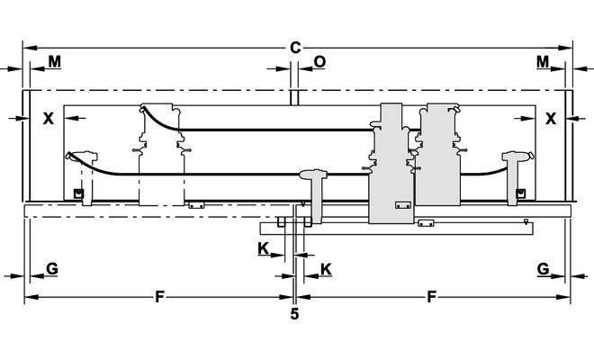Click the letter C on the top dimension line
point(295,47)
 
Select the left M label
point(54,61)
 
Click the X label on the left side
point(48,118)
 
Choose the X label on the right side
point(551,118)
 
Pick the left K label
point(263,247)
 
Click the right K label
point(325,268)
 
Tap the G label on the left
point(51,268)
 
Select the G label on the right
point(543,268)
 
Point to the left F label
point(159,296)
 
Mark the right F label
point(432,296)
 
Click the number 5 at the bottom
point(294,314)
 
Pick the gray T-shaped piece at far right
point(517,171)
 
